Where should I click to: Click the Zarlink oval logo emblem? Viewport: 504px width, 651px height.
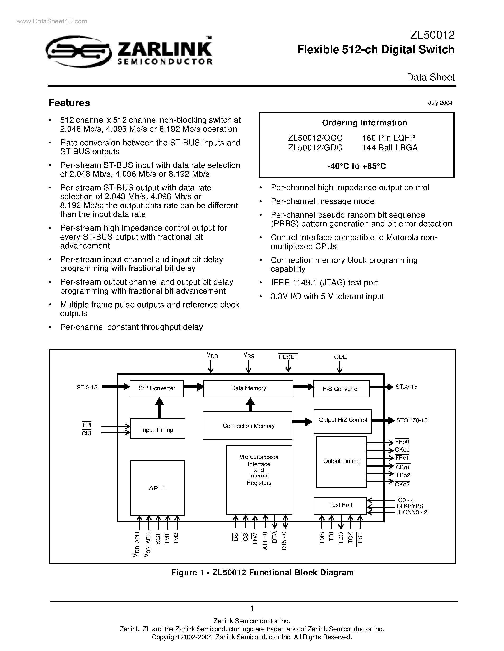click(x=79, y=52)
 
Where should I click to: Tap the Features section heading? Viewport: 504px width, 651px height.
click(x=69, y=103)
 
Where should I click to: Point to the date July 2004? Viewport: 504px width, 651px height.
click(x=440, y=103)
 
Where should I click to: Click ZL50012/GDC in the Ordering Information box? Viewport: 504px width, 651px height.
click(x=315, y=147)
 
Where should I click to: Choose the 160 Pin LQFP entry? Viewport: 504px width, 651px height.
click(x=388, y=138)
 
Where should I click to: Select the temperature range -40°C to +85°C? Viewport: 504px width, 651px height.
click(x=356, y=166)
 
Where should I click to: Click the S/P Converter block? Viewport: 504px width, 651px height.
click(x=157, y=388)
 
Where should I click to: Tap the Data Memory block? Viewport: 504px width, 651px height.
click(x=248, y=388)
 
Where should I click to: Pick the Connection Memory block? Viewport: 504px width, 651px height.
click(x=248, y=426)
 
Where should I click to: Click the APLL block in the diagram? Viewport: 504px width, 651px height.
click(x=157, y=488)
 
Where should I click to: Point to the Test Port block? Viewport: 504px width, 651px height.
click(x=340, y=505)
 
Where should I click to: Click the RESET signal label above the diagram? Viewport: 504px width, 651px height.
click(x=288, y=357)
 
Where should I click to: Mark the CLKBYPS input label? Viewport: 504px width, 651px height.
click(x=409, y=506)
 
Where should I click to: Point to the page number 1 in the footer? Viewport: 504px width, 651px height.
click(x=252, y=608)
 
